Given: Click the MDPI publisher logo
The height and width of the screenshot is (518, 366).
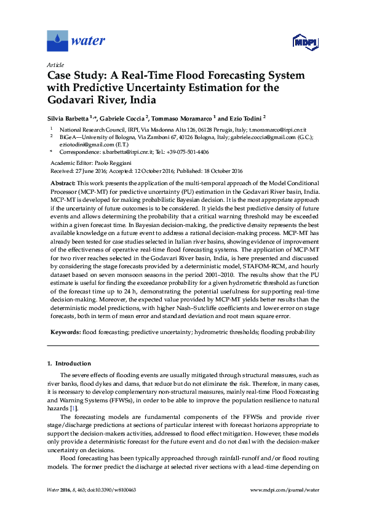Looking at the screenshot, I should pos(304,42).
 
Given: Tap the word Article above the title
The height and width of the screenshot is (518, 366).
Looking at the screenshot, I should pos(55,65).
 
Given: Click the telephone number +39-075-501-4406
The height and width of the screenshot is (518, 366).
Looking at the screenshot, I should pos(185,151).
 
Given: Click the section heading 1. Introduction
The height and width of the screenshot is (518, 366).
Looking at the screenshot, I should pos(70,364).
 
